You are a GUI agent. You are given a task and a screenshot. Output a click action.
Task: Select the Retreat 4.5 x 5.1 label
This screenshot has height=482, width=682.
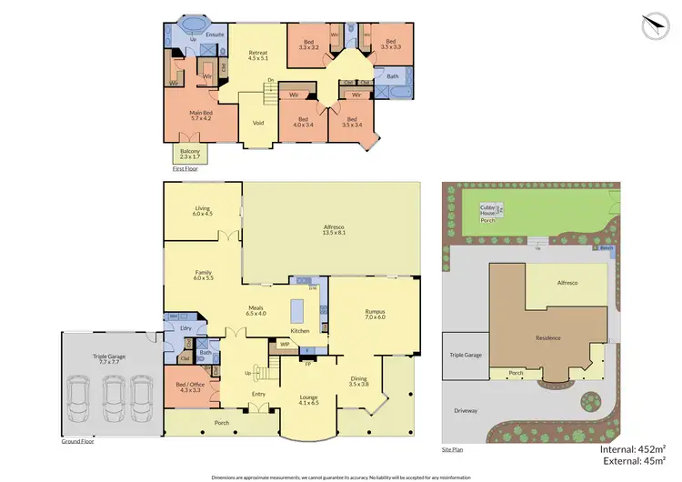(258, 56)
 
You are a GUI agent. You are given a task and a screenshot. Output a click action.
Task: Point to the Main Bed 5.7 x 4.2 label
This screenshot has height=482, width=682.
(200, 115)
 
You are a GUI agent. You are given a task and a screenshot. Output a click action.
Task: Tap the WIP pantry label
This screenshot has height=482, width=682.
(285, 345)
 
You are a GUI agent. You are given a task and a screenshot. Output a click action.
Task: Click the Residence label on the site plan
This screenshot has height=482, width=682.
(548, 337)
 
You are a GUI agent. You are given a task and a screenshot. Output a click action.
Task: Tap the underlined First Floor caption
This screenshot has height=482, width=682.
(185, 168)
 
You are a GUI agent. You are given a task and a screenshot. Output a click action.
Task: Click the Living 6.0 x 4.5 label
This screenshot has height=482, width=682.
(202, 211)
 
